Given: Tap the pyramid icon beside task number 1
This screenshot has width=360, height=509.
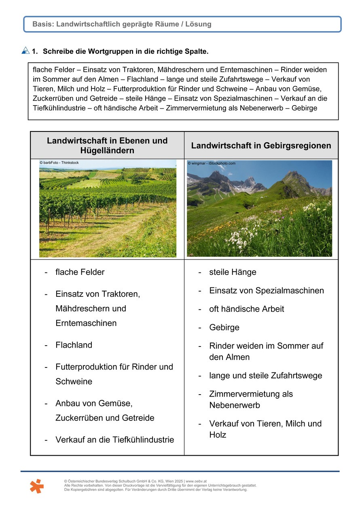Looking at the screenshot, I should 25,51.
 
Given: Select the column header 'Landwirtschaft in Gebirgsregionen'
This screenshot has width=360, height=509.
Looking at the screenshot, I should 261,146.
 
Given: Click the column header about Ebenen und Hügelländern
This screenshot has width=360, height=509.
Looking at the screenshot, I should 107,146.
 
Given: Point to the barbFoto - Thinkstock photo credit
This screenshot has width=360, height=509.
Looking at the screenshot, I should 59,163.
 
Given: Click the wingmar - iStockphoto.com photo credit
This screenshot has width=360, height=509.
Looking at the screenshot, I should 211,163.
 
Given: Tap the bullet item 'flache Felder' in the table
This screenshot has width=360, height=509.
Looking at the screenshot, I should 80,272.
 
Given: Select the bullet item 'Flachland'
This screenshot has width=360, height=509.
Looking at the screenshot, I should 74,345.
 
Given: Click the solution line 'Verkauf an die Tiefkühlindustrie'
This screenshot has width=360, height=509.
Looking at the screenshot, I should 114,439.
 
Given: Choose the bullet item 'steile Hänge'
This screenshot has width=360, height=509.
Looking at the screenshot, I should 233,272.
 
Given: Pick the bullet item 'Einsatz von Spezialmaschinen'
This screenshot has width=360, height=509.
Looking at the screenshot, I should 266,291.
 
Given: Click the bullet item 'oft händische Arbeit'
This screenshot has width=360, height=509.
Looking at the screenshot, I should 246,309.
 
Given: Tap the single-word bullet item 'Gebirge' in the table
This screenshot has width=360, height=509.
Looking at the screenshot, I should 224,327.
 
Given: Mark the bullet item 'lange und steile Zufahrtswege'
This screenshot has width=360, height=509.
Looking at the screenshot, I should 265,376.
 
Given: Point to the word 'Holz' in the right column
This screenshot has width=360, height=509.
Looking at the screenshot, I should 218,435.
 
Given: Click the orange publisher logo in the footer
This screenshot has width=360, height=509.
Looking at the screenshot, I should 36,486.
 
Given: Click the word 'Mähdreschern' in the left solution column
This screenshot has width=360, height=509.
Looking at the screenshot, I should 91,308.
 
